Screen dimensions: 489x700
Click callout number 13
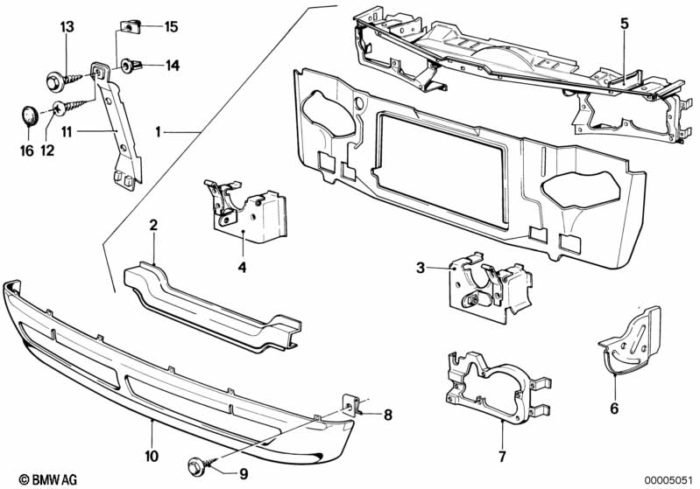pos(67,26)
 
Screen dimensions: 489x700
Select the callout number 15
pos(171,27)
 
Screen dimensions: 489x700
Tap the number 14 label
pos(171,65)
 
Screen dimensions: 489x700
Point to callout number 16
pos(27,151)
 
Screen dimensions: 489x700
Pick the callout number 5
pos(624,24)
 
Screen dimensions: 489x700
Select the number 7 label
pos(502,456)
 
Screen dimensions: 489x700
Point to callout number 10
pos(152,455)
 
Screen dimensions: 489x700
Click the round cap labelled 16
pos(29,115)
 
